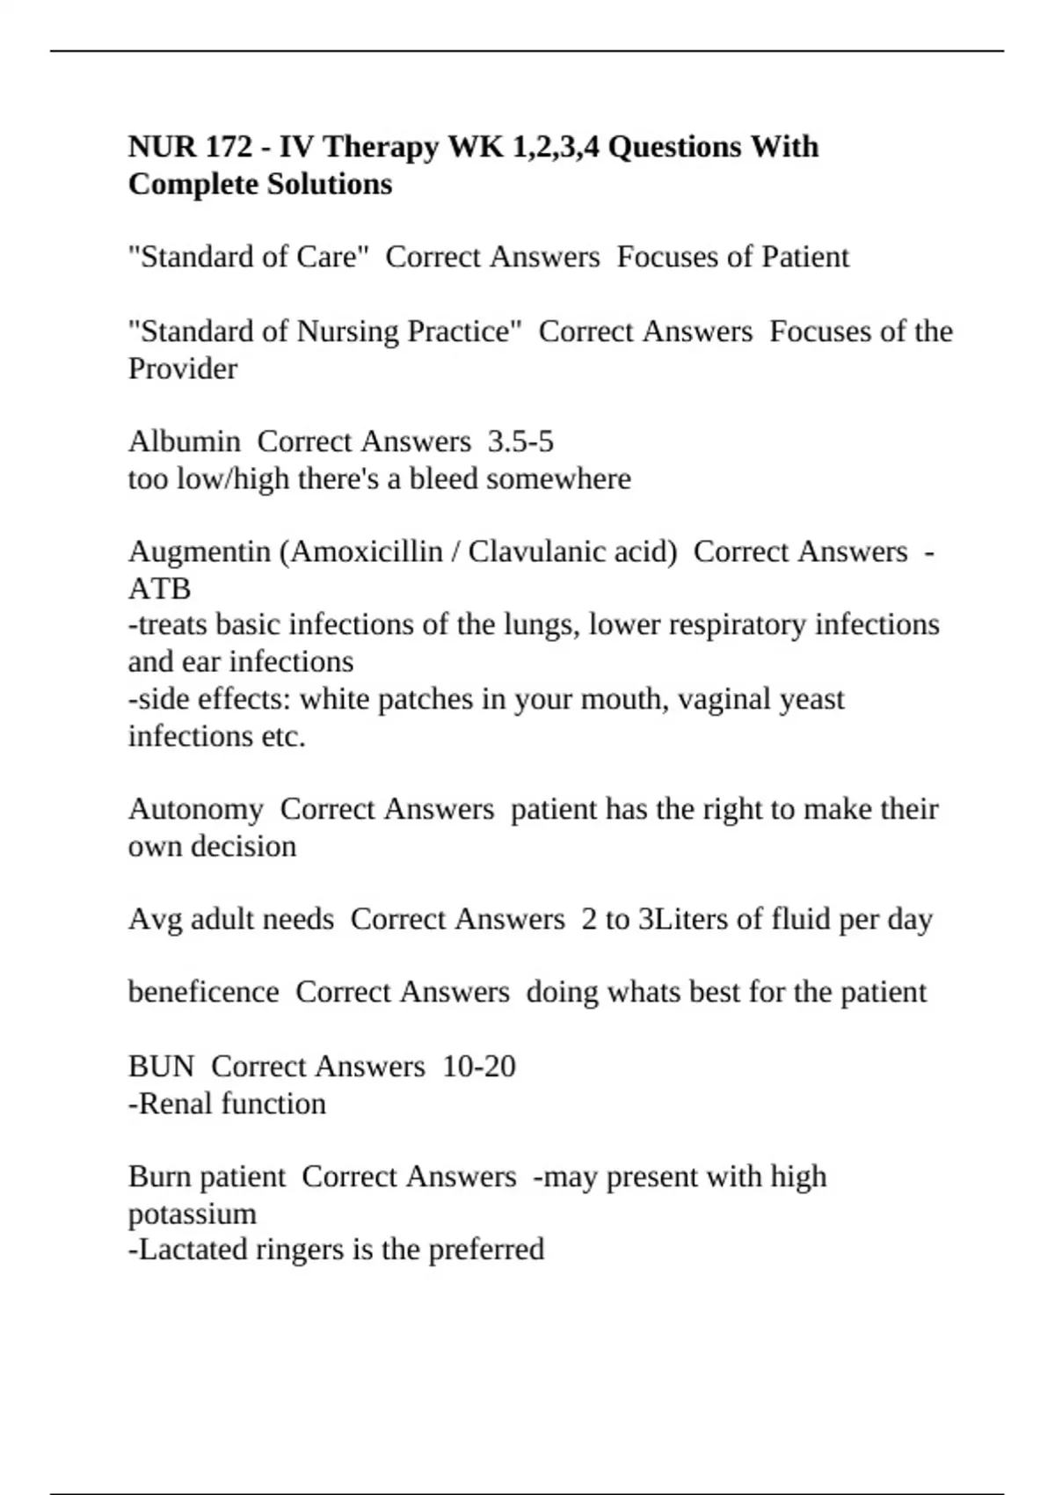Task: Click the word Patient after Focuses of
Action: (805, 257)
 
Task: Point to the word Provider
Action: (183, 368)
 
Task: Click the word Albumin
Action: (184, 441)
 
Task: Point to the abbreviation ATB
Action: (159, 588)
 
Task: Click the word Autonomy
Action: (195, 809)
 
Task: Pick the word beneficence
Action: (203, 992)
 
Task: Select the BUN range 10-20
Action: (479, 1067)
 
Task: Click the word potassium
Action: (193, 1214)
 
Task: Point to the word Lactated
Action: (193, 1250)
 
